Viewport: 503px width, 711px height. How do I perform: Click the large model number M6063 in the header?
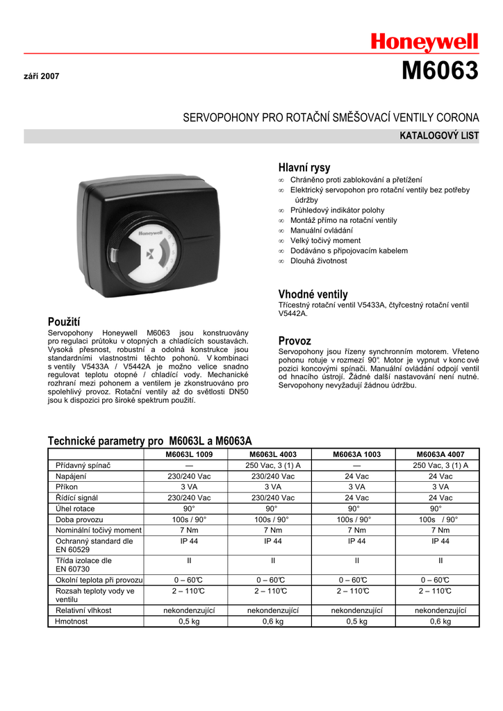coord(440,72)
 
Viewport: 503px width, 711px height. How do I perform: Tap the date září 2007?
coord(42,76)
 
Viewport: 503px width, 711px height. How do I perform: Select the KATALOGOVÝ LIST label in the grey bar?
coord(439,136)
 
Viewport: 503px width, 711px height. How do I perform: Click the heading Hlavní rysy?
coord(304,167)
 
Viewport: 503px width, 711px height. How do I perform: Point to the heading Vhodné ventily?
coord(313,294)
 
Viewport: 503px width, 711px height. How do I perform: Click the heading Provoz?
coord(295,341)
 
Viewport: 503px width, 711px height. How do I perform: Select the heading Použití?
coord(64,321)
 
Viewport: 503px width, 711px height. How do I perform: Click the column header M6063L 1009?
coord(189,454)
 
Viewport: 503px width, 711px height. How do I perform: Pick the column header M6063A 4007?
coord(440,454)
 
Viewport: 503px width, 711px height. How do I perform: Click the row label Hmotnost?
coord(72,621)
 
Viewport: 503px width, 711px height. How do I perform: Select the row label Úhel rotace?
coord(76,508)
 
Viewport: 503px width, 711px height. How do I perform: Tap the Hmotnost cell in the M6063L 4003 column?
coord(273,621)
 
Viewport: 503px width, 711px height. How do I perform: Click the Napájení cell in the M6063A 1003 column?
coord(356,476)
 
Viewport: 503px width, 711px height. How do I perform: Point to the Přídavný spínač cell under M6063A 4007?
coord(440,465)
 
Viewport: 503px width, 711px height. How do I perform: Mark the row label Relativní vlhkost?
coord(83,610)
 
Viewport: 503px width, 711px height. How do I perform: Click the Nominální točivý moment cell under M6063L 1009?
coord(189,530)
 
